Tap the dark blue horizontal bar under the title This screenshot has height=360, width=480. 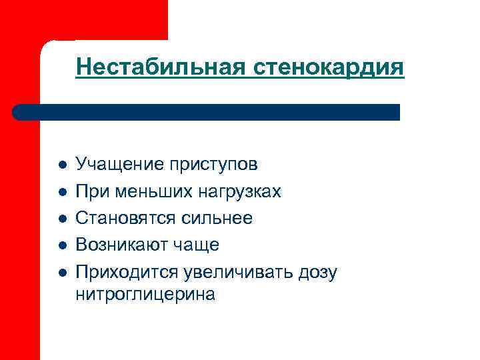pyautogui.click(x=207, y=112)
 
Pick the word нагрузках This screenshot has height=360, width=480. pyautogui.click(x=239, y=192)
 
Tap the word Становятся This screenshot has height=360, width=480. pyautogui.click(x=126, y=219)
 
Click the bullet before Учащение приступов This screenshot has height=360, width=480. pyautogui.click(x=61, y=165)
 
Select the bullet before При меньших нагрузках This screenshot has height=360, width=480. pyautogui.click(x=61, y=192)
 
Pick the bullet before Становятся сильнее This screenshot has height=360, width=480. pyautogui.click(x=61, y=219)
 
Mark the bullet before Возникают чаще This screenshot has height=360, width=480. pyautogui.click(x=61, y=245)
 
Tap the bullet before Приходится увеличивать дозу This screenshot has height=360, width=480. pyautogui.click(x=61, y=273)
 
